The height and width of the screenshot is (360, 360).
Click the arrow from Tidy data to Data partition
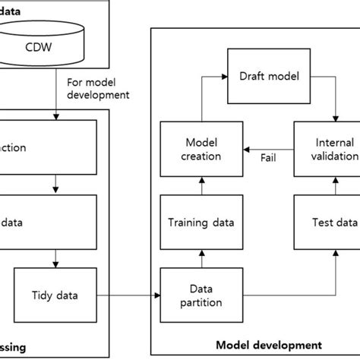[x=129, y=295]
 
